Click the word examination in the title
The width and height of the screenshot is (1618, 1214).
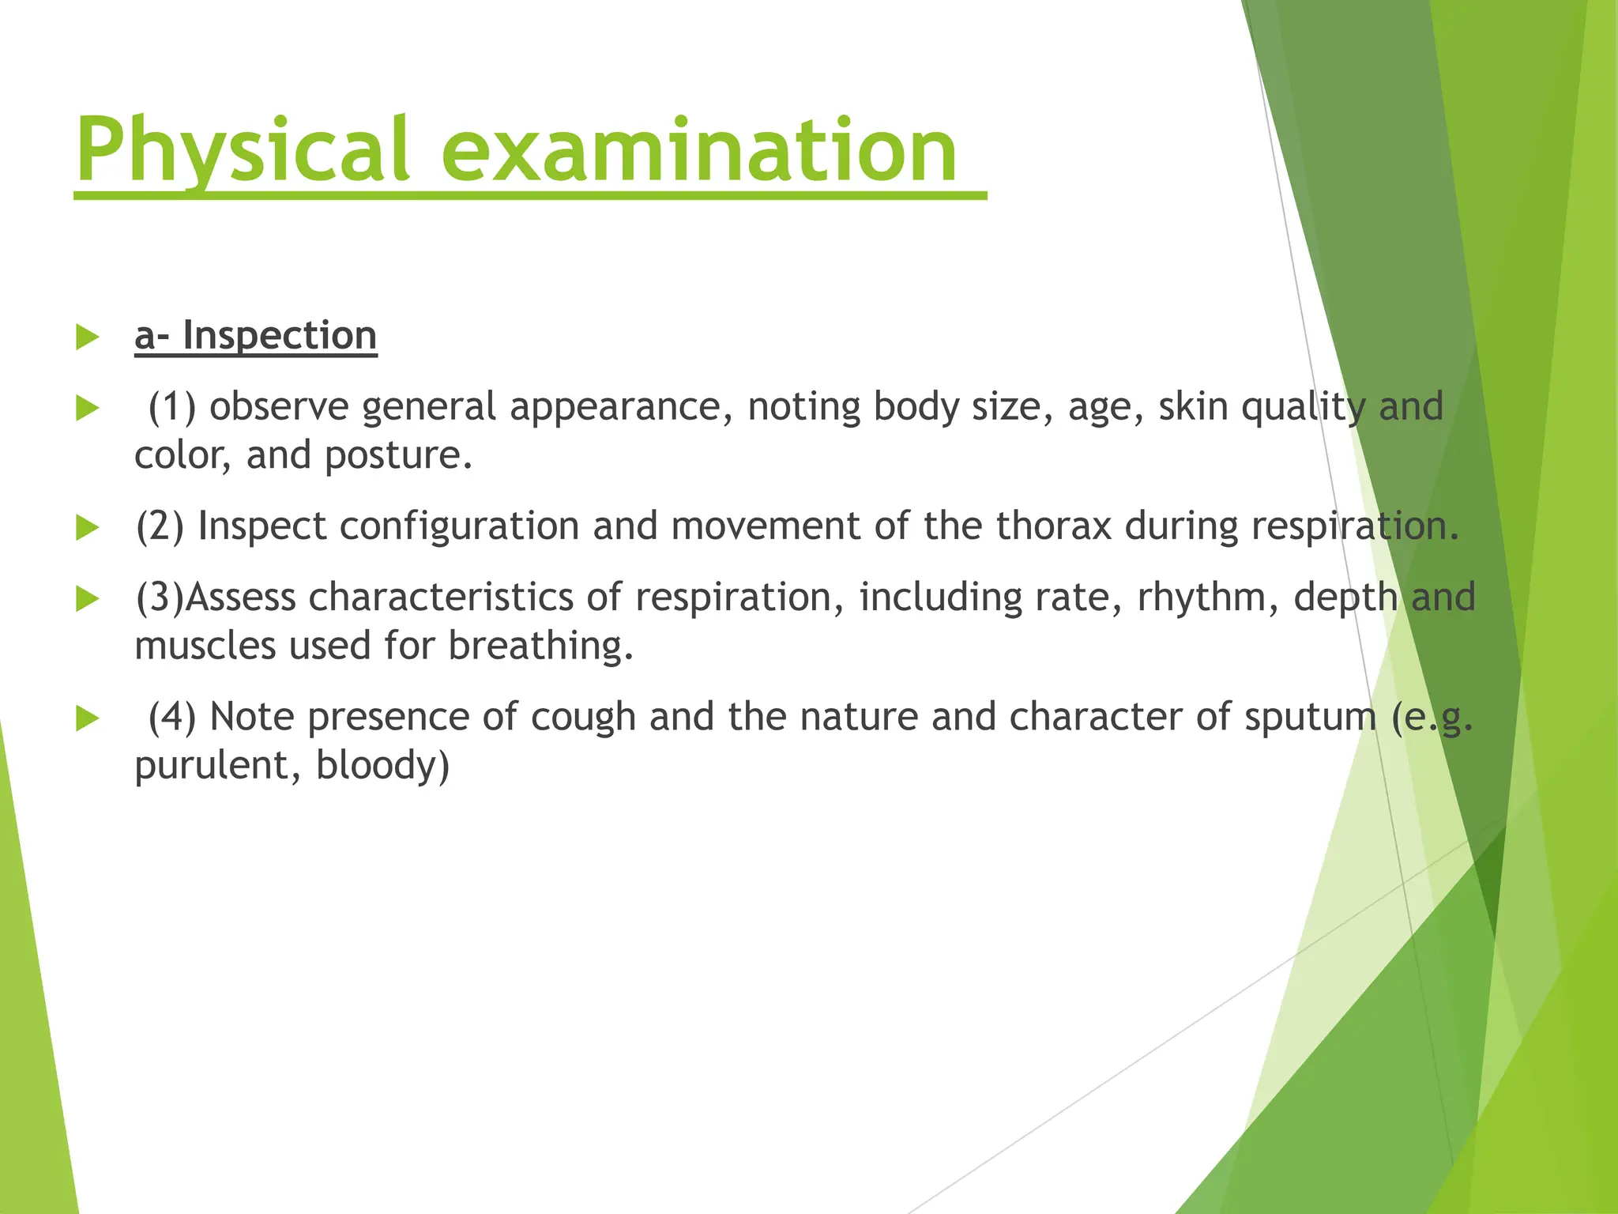tap(698, 150)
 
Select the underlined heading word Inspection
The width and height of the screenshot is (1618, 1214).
tap(280, 335)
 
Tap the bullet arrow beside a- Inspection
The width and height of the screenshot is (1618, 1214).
tap(87, 337)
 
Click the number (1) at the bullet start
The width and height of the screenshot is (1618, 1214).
tap(172, 407)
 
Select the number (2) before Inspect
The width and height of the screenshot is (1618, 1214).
tap(160, 526)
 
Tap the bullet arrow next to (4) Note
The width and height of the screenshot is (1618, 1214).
tap(87, 719)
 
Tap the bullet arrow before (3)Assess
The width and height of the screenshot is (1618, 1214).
tap(87, 599)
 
